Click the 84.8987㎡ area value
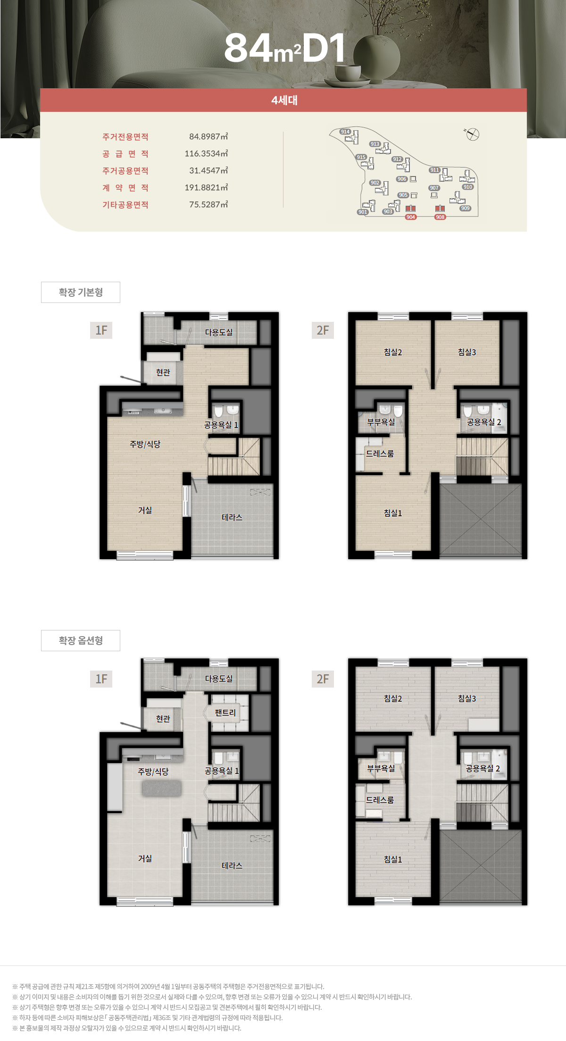[x=208, y=136]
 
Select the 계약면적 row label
[x=125, y=188]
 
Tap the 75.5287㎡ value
[x=208, y=204]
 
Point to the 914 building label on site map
[x=345, y=132]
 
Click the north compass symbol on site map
[x=472, y=134]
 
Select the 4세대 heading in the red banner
[x=284, y=100]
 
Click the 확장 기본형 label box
[x=81, y=292]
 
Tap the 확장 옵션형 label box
[x=81, y=640]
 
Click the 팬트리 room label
[x=225, y=713]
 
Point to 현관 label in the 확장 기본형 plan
[x=163, y=372]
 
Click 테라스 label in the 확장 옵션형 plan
[x=232, y=865]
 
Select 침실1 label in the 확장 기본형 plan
[x=393, y=513]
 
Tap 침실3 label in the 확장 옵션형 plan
[x=467, y=698]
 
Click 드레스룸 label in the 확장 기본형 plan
[x=380, y=453]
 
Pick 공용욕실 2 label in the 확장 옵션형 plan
[x=483, y=768]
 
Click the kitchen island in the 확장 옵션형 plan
[x=162, y=788]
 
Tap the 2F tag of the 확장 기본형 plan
[x=323, y=330]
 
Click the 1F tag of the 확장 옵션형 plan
[x=101, y=679]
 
